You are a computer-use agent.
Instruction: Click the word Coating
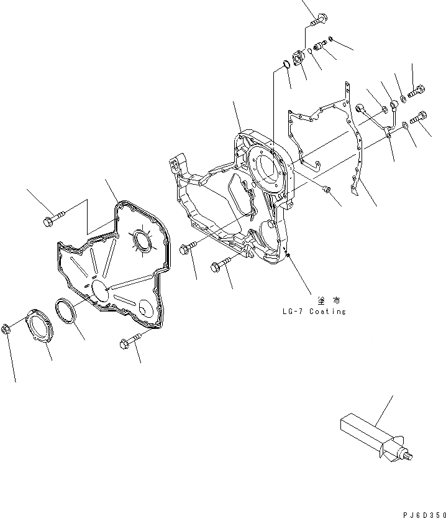pyautogui.click(x=324, y=312)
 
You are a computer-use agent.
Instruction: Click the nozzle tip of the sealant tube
pyautogui.click(x=411, y=458)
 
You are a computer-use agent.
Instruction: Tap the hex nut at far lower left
pyautogui.click(x=6, y=328)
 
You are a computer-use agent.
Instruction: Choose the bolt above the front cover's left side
pyautogui.click(x=53, y=220)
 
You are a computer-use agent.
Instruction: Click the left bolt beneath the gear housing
pyautogui.click(x=187, y=249)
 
